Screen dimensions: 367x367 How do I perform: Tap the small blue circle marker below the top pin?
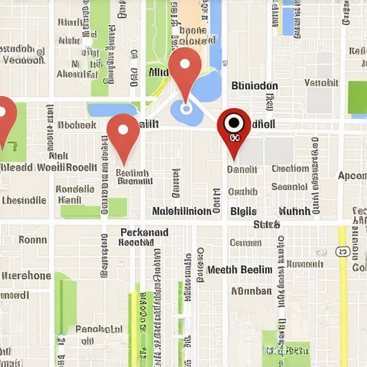pos(186,109)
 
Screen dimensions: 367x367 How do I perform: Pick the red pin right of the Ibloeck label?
pos(123,134)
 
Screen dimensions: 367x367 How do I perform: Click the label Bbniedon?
pos(254,85)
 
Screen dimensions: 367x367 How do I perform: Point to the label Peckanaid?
pos(144,232)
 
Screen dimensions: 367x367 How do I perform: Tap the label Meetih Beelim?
pos(239,270)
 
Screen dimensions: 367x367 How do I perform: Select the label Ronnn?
pos(32,240)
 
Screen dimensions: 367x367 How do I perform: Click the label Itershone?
pos(26,275)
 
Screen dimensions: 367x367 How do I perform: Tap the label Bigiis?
pos(243,211)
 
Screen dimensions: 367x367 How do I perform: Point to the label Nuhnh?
pos(295,211)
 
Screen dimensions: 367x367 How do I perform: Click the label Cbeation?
pos(290,169)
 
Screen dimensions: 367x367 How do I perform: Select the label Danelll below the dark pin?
pos(242,170)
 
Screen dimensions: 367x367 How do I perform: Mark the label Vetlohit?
pos(321,82)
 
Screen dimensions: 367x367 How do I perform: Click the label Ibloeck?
pos(77,124)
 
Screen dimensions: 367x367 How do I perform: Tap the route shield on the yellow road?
pos(343,252)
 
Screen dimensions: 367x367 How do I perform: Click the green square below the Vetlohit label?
pos(357,97)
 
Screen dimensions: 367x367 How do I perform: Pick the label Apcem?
pos(352,176)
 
